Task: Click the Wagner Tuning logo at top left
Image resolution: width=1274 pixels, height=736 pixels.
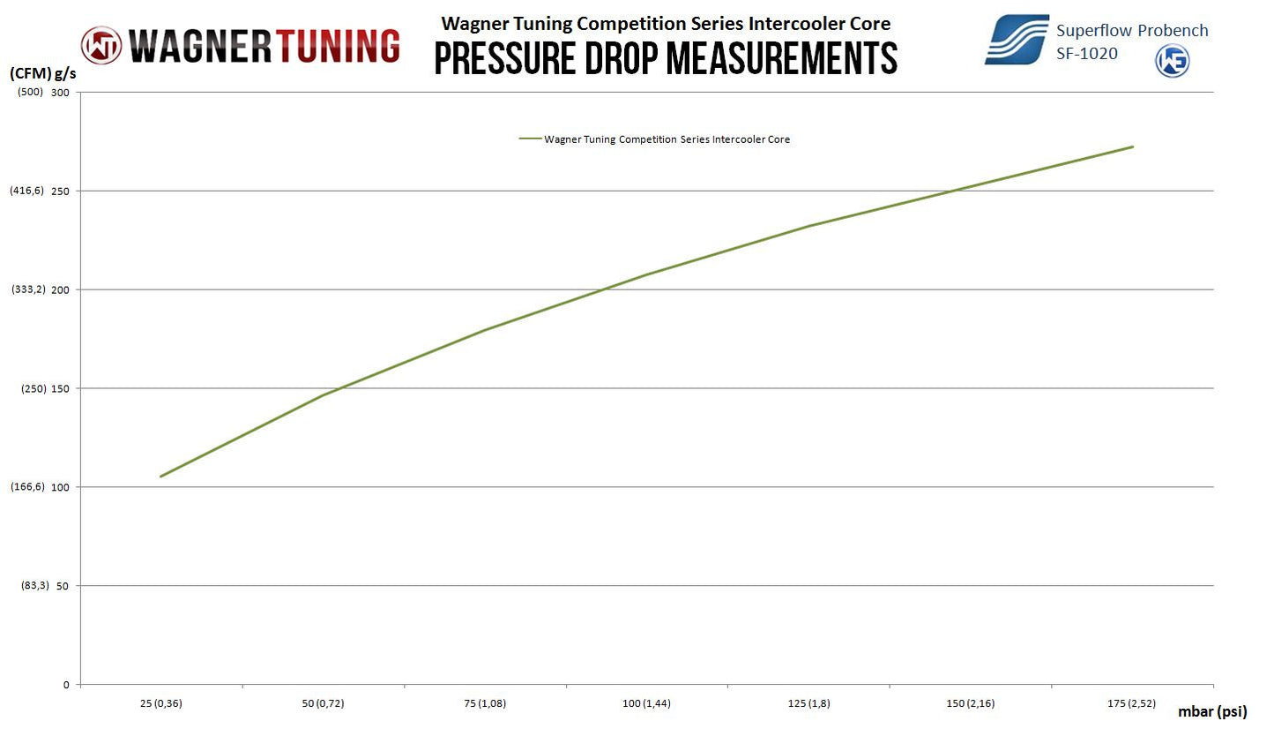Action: (240, 45)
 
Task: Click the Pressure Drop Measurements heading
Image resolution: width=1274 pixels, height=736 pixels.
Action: (666, 58)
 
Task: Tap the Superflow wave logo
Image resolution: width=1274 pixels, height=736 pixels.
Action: (1017, 40)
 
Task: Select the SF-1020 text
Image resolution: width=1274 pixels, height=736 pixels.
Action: (1087, 54)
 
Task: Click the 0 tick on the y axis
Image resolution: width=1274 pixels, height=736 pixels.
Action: (66, 685)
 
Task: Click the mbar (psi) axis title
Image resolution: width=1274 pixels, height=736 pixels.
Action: (1212, 711)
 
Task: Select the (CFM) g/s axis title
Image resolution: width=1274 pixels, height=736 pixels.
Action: (43, 74)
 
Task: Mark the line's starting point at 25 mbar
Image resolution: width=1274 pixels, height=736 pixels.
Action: (161, 477)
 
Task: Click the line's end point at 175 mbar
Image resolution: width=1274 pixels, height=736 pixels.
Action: (1133, 146)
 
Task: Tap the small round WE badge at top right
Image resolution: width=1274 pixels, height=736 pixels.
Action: (1173, 61)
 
